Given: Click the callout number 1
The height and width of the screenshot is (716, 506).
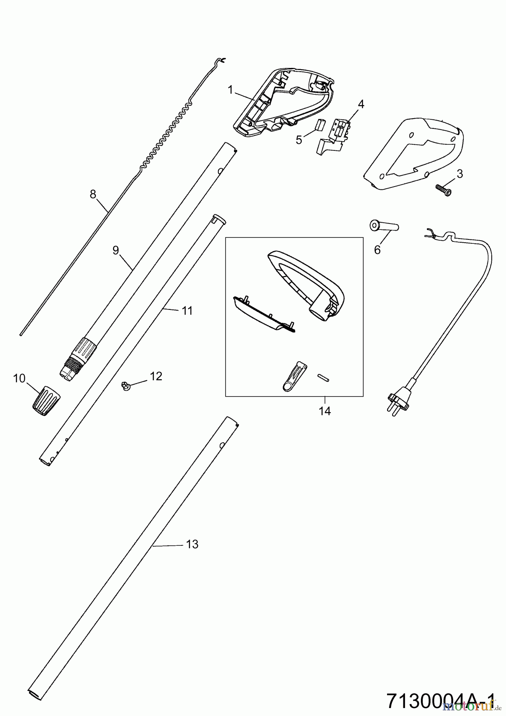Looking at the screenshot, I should (230, 89).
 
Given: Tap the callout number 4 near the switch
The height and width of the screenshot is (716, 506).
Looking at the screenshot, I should (361, 104).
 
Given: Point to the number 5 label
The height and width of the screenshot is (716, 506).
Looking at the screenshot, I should (299, 140).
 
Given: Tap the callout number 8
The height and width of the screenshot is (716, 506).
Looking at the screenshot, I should (93, 194).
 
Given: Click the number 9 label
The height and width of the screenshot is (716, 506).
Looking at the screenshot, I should (116, 250).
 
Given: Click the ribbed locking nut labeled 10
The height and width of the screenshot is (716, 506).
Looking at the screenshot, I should (45, 401).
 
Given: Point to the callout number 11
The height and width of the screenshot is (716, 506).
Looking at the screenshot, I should (187, 311).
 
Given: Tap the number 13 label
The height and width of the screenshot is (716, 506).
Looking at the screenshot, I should (192, 544).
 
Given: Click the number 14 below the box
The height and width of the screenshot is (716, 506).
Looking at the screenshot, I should (325, 411).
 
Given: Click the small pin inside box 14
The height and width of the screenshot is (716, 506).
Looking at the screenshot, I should (322, 377).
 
